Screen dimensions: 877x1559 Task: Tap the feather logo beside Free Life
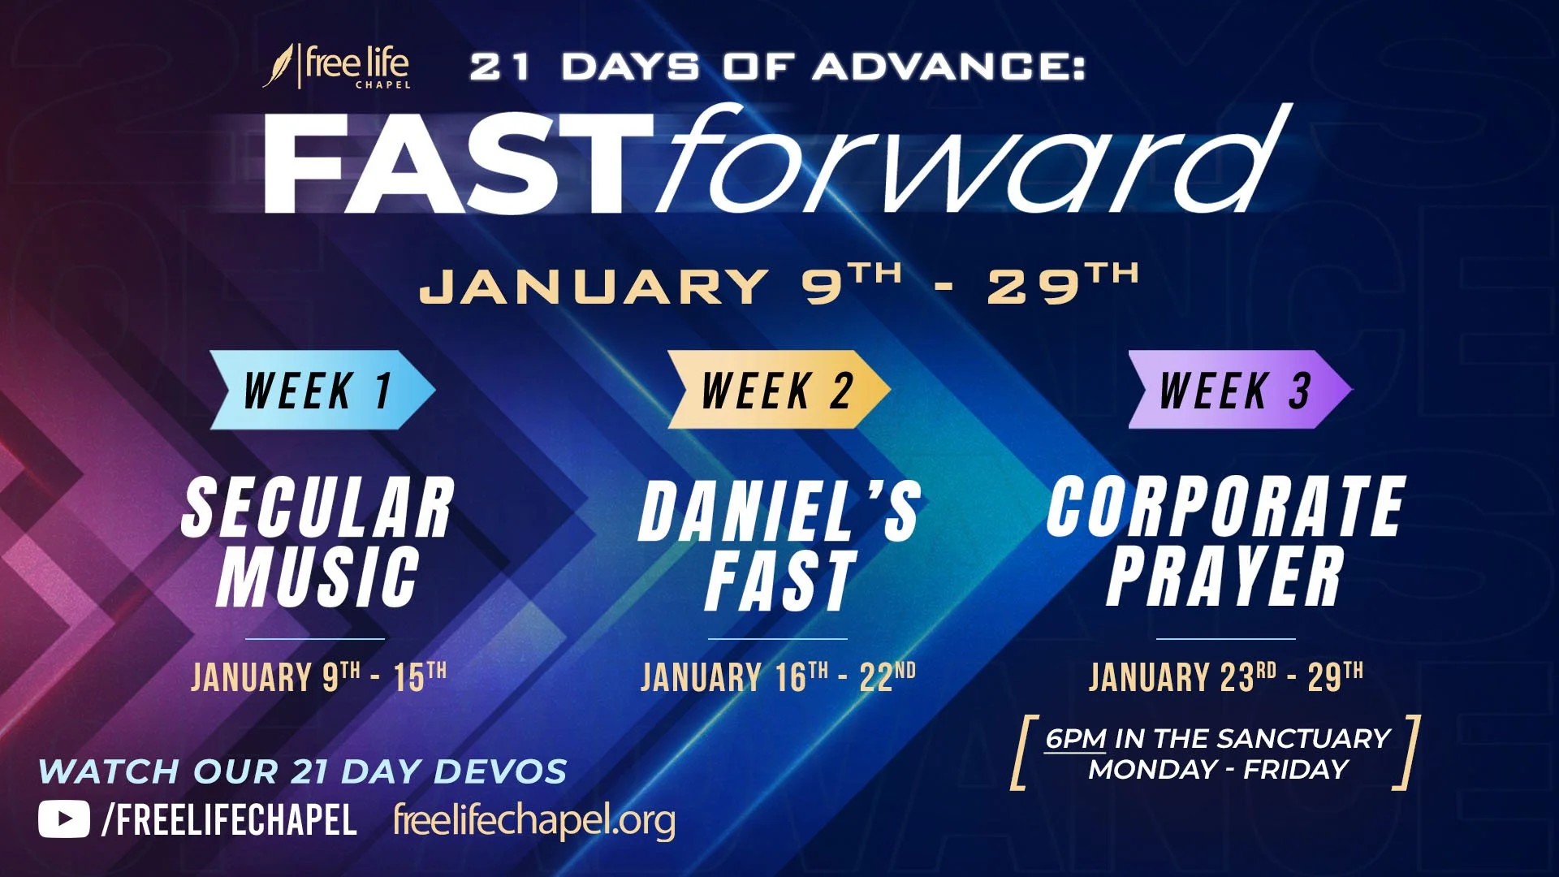point(279,65)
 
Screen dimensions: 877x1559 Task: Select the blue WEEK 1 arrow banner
point(321,390)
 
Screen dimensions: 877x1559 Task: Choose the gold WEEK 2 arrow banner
point(778,390)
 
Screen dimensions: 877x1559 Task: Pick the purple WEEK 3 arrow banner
point(1238,390)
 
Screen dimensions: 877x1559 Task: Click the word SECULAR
point(317,508)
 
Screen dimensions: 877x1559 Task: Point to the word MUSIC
point(317,577)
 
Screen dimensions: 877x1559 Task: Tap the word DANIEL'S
point(779,512)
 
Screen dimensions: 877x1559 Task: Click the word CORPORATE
point(1226,508)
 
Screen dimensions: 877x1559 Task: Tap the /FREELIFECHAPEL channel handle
point(229,820)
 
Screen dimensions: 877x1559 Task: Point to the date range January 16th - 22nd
point(778,676)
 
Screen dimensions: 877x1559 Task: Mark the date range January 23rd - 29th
point(1226,676)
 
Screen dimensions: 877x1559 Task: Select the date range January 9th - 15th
point(318,676)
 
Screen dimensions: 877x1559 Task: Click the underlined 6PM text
point(1075,738)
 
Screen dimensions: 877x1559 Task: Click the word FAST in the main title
point(459,162)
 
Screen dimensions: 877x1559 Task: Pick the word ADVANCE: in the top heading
point(948,67)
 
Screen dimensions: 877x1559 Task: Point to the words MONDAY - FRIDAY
point(1218,769)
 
